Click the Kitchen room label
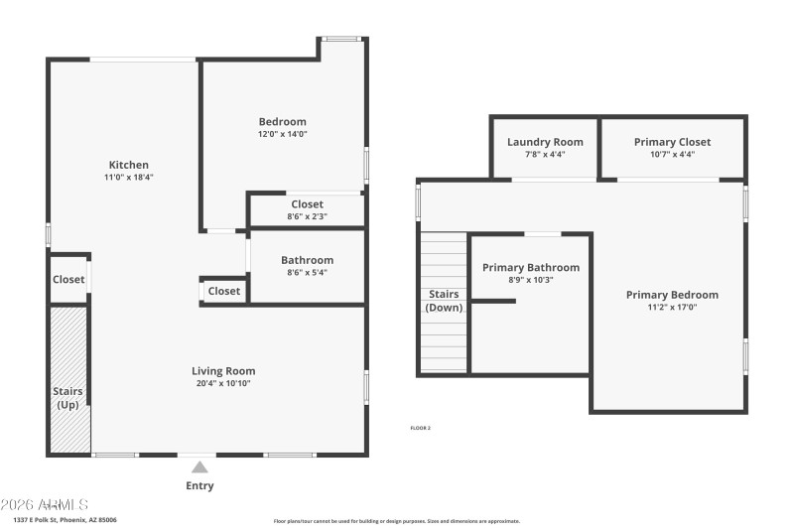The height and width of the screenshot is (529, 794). point(129,165)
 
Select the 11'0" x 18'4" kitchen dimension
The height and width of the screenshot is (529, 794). point(129,178)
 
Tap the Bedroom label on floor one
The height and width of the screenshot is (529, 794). point(282,122)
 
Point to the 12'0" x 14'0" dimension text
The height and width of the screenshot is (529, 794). point(282,134)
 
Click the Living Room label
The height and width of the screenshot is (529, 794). point(223,371)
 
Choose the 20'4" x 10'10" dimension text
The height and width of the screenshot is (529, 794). point(223,383)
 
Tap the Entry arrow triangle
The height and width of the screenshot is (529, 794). point(199,466)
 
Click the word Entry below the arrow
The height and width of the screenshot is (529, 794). point(199,486)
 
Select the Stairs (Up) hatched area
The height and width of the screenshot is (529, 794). point(69,379)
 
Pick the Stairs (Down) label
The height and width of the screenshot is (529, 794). point(444,301)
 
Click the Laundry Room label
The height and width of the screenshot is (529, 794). point(545,142)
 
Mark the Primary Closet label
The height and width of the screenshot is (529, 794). point(672,142)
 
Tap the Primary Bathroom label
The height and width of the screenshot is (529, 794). point(531,267)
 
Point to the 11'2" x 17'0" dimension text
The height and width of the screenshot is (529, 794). point(672,308)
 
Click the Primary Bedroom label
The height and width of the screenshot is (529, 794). point(672,295)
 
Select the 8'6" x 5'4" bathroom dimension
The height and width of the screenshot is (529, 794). point(307,273)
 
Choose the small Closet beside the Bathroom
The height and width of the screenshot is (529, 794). point(224,291)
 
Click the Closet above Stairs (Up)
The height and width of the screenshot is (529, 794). point(68,280)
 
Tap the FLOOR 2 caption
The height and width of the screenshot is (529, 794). point(420,428)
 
